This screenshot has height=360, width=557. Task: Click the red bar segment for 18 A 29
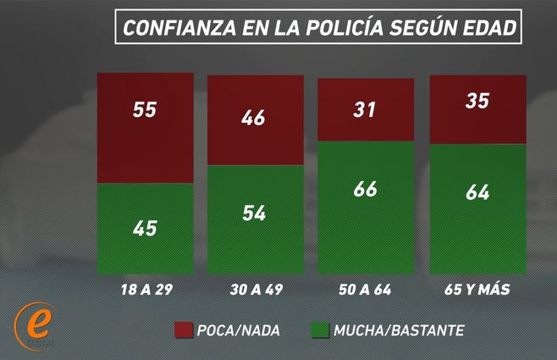[x=146, y=128]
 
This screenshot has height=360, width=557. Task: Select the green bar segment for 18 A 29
[x=146, y=229]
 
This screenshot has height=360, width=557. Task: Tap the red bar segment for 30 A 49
[x=256, y=119]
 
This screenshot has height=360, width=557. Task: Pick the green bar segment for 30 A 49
[x=256, y=219]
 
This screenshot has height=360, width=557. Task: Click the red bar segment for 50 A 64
[x=365, y=109]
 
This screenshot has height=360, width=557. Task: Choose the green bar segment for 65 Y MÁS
[x=477, y=209]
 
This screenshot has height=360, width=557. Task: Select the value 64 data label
[x=477, y=191]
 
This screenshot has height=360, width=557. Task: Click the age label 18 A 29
[x=145, y=291]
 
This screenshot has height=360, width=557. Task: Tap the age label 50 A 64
[x=365, y=291]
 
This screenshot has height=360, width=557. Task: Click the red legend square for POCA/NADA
[x=185, y=330]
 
